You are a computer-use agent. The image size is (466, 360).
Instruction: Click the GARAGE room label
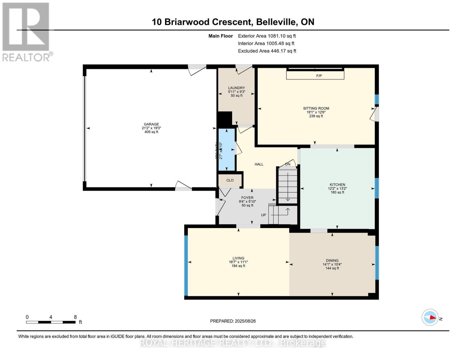coord(151,124)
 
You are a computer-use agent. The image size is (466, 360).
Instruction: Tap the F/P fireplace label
coord(319,76)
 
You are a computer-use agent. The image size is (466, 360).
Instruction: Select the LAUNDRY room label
coord(236,88)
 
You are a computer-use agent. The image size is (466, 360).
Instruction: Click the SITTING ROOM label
coord(316,108)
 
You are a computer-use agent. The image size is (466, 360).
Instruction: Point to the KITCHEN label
coord(337,185)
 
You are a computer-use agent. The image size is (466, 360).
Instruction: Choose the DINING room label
coord(332,261)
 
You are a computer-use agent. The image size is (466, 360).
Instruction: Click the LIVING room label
coord(238,258)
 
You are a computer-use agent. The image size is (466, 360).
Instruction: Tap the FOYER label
coord(247,198)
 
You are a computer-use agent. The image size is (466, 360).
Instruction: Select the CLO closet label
coord(230,180)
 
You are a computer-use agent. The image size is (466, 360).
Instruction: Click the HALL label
coord(259,164)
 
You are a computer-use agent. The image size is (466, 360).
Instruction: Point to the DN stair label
coord(288,164)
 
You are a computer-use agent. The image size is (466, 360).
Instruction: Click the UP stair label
coord(263,215)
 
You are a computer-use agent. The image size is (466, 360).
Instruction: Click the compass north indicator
coord(431,317)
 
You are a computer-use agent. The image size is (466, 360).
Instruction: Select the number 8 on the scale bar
coord(75,317)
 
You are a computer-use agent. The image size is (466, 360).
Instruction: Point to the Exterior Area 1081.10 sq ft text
coord(267,36)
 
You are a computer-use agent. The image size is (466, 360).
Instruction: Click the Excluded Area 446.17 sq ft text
coord(267,51)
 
